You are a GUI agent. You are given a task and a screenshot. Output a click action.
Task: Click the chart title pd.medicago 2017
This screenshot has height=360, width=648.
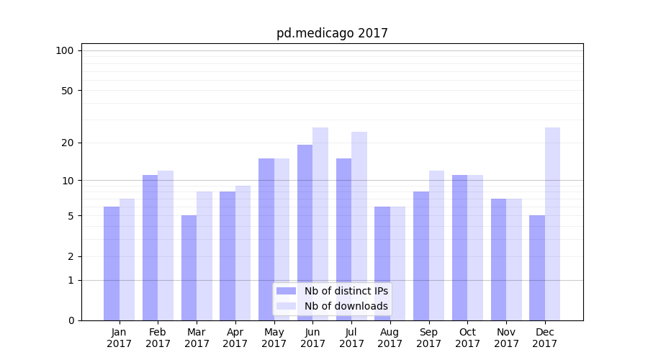pyautogui.click(x=332, y=33)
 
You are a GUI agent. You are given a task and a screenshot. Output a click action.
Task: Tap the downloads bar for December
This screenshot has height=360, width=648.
pyautogui.click(x=552, y=223)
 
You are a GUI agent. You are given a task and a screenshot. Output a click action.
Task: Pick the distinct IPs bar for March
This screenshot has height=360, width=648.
pyautogui.click(x=189, y=267)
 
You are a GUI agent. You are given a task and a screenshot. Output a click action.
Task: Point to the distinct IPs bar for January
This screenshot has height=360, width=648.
pyautogui.click(x=112, y=263)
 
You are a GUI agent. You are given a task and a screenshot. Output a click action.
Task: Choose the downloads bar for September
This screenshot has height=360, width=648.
pyautogui.click(x=436, y=245)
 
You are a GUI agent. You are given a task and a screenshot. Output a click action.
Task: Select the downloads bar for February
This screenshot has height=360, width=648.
pyautogui.click(x=166, y=245)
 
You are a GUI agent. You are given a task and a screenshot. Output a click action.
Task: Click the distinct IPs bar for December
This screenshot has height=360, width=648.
pyautogui.click(x=537, y=267)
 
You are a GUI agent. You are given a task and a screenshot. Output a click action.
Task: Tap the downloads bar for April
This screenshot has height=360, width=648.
pyautogui.click(x=243, y=253)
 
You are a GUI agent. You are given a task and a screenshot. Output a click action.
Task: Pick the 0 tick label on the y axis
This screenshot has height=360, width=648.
pyautogui.click(x=70, y=320)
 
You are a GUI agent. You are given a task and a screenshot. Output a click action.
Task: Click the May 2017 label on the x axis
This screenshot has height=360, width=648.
pyautogui.click(x=274, y=338)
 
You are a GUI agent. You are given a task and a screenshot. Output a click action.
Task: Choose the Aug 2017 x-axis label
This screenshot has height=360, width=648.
pyautogui.click(x=390, y=338)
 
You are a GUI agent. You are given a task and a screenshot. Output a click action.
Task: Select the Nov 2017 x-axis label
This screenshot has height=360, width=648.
pyautogui.click(x=506, y=338)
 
